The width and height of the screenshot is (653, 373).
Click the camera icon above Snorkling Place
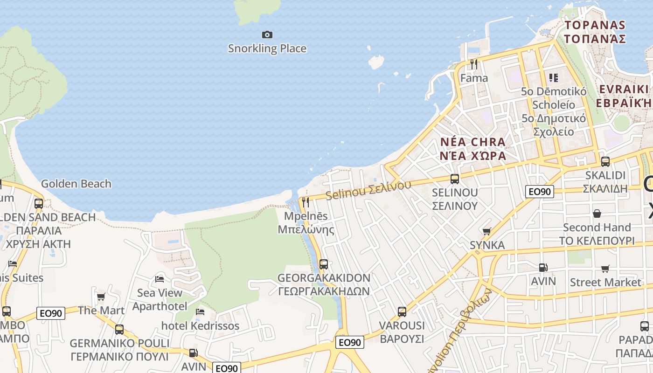(267, 35)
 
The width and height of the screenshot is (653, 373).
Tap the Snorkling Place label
(267, 48)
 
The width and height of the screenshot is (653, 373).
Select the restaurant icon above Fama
(474, 64)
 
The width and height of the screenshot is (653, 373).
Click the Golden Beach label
(76, 184)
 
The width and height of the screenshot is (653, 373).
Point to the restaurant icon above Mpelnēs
(306, 202)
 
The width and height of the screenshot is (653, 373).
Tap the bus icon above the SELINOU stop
(454, 179)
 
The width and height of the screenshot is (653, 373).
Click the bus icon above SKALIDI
(605, 162)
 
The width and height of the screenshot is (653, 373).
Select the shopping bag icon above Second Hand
(597, 214)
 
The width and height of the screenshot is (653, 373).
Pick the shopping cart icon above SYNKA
(487, 231)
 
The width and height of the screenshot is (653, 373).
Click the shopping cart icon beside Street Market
(605, 269)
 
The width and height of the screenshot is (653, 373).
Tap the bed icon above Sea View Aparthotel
(160, 279)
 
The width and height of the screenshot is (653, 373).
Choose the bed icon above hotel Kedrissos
(200, 311)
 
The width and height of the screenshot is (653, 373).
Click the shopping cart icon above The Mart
(101, 297)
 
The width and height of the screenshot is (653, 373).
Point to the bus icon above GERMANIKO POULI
(119, 329)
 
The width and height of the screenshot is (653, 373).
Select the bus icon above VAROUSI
(402, 311)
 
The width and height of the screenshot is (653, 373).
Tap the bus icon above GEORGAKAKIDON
(323, 264)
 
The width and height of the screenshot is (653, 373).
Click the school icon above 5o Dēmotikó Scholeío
(553, 77)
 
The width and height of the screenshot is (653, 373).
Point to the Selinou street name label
(368, 190)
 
